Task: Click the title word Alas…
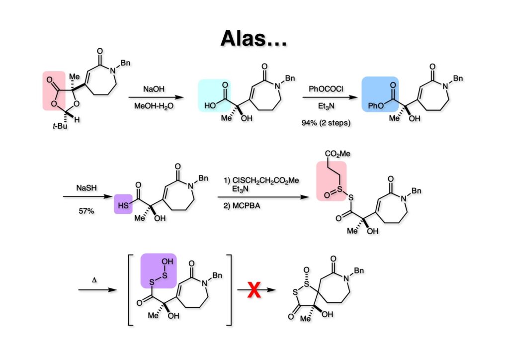[254, 38]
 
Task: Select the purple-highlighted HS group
[122, 204]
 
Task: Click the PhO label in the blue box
[373, 106]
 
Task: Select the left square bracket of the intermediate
[130, 288]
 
